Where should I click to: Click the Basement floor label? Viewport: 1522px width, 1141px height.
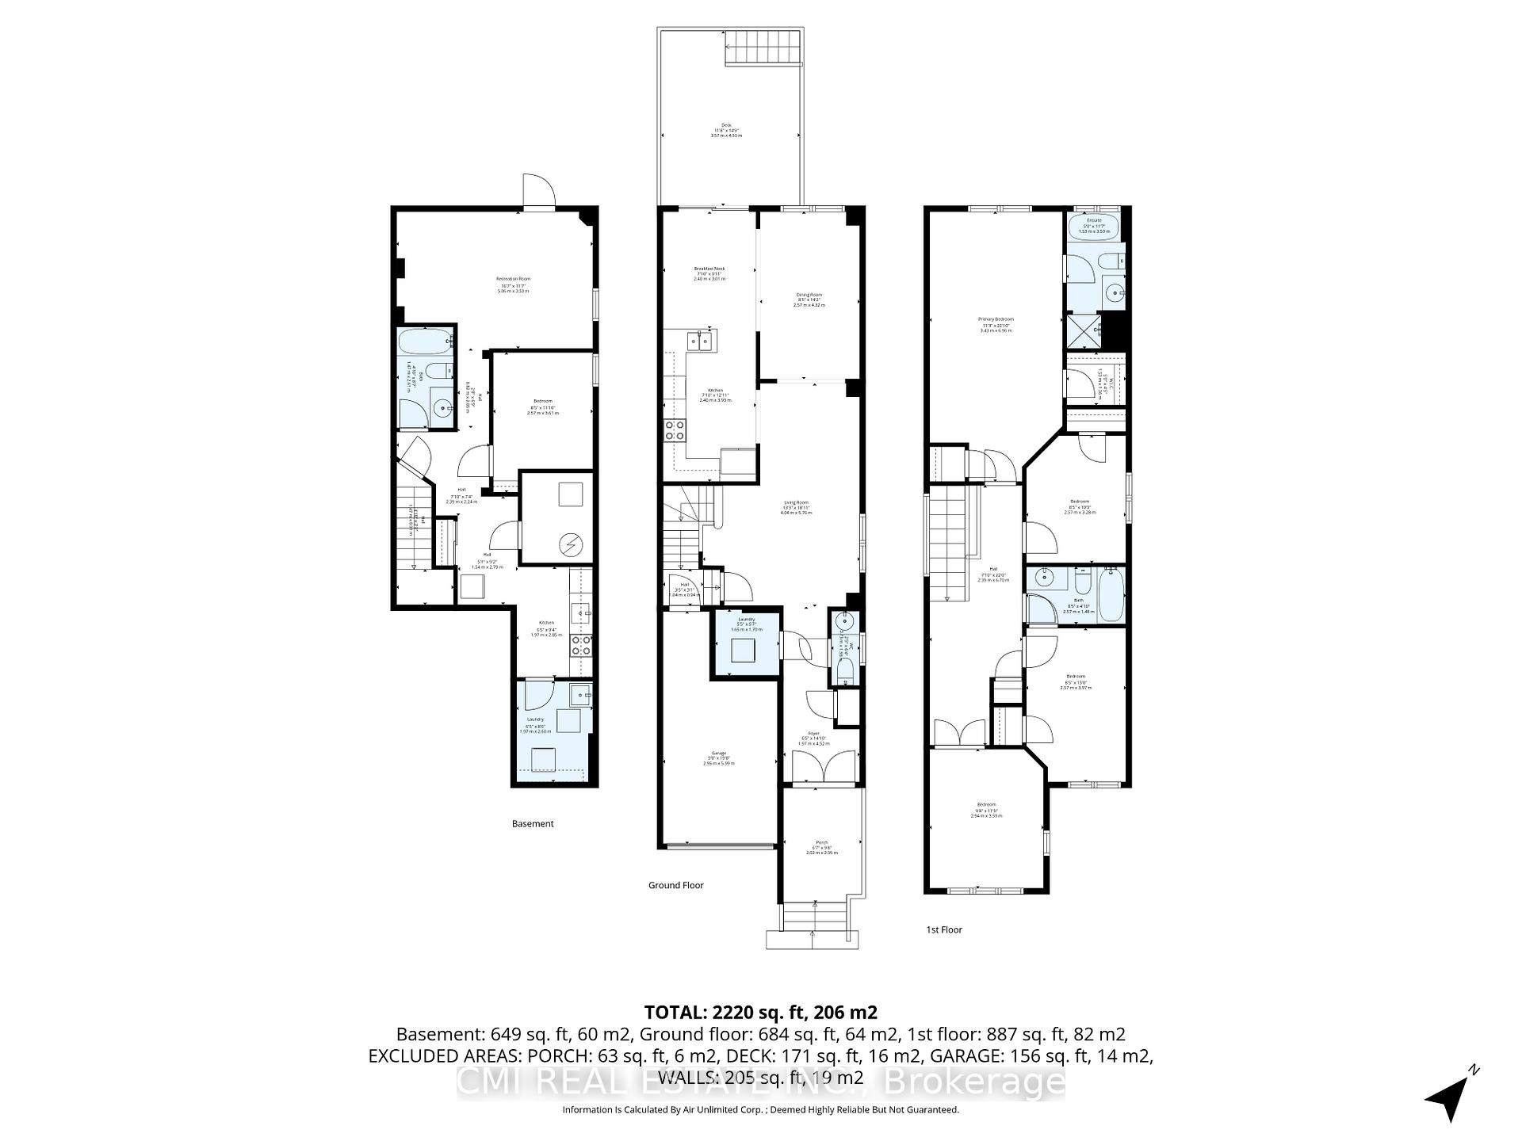(x=533, y=823)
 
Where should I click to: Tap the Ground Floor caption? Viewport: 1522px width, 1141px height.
(x=675, y=885)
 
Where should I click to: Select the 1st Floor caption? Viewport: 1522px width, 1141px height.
(x=944, y=929)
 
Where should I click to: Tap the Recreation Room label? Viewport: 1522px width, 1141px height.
(x=513, y=282)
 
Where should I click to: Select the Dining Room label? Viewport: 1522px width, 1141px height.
(x=809, y=298)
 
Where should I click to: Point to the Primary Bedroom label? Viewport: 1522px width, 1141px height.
(x=996, y=322)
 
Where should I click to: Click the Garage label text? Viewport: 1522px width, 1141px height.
(x=719, y=756)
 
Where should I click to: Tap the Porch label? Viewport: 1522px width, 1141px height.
(x=821, y=845)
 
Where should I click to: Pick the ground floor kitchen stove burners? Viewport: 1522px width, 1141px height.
(x=675, y=430)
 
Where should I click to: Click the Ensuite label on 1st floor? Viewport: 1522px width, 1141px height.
(x=1094, y=223)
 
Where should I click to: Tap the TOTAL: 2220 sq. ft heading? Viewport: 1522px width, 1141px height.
(x=760, y=1012)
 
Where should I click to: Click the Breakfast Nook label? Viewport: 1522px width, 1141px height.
(x=709, y=272)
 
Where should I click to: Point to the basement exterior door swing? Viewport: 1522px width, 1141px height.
(x=539, y=190)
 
